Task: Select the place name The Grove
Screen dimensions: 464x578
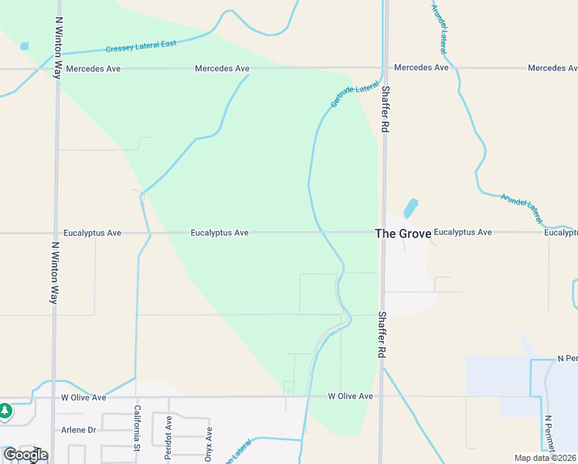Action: (x=402, y=233)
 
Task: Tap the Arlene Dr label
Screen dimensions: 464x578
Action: (x=77, y=429)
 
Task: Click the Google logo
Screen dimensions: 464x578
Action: (x=25, y=455)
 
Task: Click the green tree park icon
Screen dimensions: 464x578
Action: (x=5, y=411)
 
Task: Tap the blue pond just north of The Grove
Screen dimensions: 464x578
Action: (x=410, y=208)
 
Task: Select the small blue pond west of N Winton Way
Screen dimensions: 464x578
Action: (x=24, y=46)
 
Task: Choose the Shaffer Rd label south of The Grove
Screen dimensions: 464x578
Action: (x=382, y=334)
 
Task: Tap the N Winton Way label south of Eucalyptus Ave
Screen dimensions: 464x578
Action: (x=55, y=271)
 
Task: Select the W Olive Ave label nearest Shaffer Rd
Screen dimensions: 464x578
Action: (x=350, y=396)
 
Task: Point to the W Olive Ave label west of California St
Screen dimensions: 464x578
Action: (x=83, y=397)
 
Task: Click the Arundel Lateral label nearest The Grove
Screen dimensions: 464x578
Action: (x=522, y=203)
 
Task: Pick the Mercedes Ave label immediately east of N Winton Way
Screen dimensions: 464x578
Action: (x=93, y=69)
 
